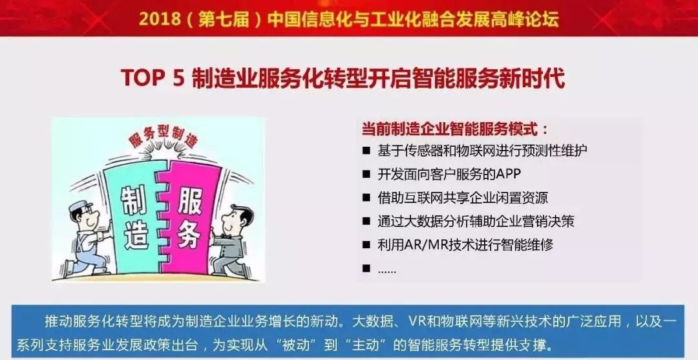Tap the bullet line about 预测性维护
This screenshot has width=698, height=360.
tap(482, 150)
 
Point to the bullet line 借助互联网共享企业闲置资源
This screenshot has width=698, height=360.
tap(463, 198)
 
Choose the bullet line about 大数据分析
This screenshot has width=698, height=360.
tap(476, 221)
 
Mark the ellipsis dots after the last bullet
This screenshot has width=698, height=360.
tap(386, 271)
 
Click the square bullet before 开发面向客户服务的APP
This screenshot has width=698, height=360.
tap(366, 174)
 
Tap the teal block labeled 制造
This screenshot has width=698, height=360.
tap(132, 218)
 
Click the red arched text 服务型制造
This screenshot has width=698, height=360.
tap(163, 136)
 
